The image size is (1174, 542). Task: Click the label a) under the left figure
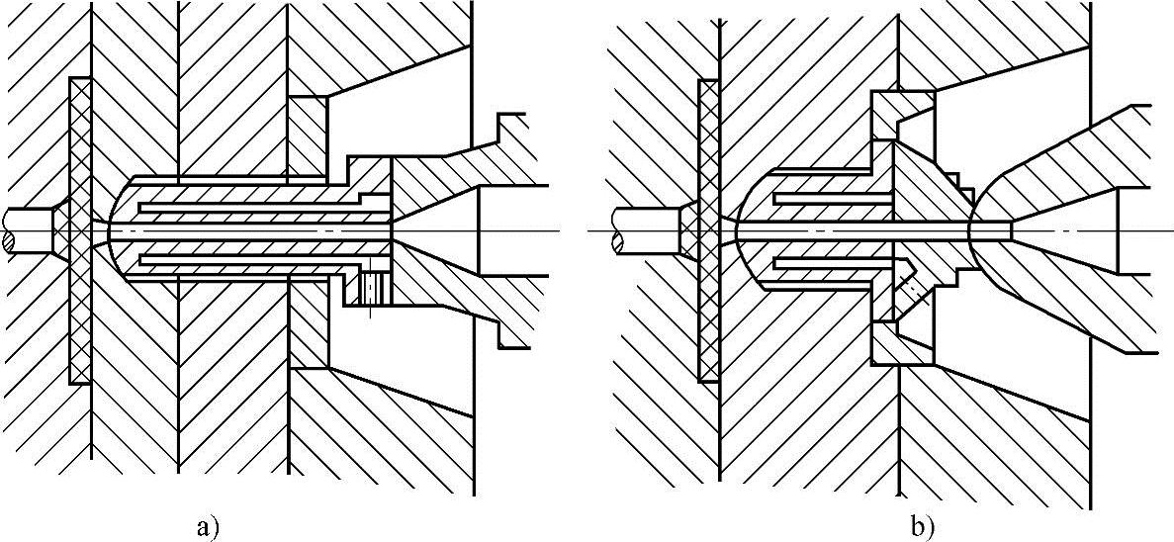(x=207, y=527)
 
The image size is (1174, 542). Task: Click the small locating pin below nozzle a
(x=372, y=288)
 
